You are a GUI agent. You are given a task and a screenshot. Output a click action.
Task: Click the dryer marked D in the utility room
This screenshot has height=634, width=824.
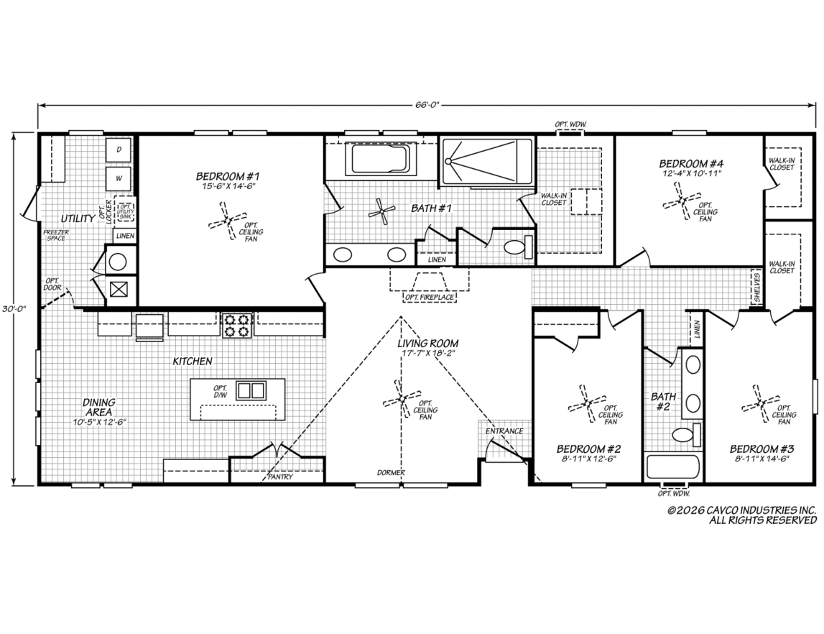[x=119, y=150]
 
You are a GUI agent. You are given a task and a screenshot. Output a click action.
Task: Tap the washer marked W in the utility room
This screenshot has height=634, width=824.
[x=119, y=178]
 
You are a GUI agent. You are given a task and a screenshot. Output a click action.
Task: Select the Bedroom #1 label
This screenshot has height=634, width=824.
[x=228, y=176]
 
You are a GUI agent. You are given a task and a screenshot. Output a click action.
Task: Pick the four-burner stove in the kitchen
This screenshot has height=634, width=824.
[x=236, y=325]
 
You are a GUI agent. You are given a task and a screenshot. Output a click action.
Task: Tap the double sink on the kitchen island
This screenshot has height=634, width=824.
[x=251, y=390]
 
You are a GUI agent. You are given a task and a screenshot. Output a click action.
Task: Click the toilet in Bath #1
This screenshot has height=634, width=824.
[x=519, y=247]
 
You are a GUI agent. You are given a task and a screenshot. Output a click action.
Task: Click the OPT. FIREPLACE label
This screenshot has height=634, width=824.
[x=430, y=298]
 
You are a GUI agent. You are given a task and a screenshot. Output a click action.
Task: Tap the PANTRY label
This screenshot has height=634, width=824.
[x=280, y=477]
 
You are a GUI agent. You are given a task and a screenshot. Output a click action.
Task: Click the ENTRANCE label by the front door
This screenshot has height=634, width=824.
[x=504, y=431]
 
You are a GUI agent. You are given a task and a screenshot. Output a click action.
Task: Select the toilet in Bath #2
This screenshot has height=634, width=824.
[x=687, y=435]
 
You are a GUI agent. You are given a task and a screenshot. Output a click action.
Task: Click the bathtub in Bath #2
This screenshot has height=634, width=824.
[x=672, y=467]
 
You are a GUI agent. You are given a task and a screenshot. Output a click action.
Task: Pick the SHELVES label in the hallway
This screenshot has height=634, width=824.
[x=756, y=288]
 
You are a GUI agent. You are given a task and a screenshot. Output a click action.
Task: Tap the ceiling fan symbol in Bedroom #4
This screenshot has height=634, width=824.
[x=682, y=201]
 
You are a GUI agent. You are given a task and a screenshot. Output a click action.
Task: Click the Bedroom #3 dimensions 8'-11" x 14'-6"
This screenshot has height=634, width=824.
[x=761, y=459]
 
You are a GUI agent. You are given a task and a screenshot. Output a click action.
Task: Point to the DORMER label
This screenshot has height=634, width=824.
[x=391, y=472]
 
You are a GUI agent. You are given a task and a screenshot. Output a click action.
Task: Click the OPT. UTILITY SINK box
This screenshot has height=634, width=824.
[x=125, y=212]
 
